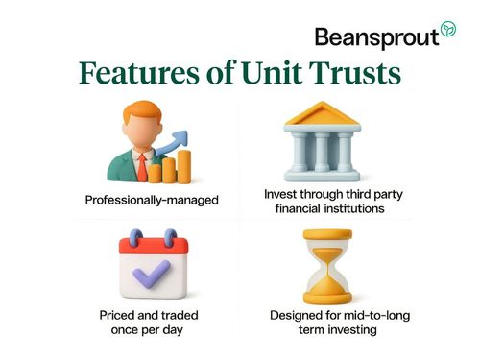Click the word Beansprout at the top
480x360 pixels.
click(x=376, y=37)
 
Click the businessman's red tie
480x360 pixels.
click(x=141, y=169)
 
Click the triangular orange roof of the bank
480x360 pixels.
click(x=323, y=114)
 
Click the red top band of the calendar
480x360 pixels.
click(x=152, y=245)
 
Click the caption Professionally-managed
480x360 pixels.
click(x=152, y=202)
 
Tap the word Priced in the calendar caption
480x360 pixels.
click(x=122, y=315)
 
